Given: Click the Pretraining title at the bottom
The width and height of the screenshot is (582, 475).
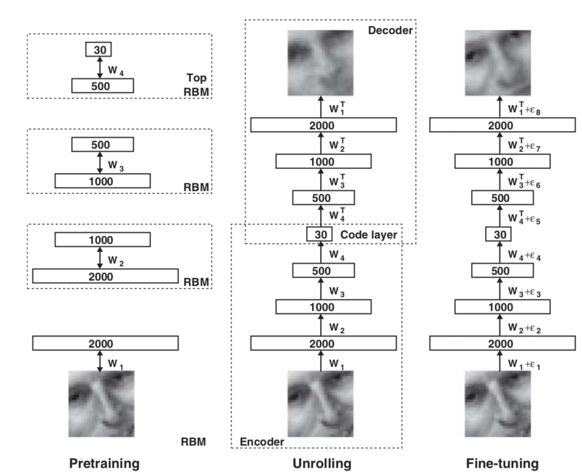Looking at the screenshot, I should coord(103,463).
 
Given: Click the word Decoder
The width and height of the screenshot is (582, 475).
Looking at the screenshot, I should coord(390,30).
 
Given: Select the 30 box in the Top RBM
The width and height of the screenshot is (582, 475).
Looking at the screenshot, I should coord(98,50).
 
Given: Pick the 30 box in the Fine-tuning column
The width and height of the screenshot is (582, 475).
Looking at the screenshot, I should coord(498,235).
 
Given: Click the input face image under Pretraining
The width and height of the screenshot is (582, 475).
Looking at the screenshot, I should coord(101,403).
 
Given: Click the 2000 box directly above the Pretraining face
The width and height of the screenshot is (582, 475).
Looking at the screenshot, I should coord(105,343).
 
